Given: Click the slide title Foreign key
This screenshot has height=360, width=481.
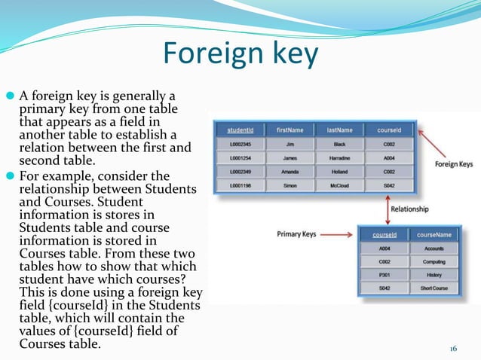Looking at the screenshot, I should [x=240, y=54].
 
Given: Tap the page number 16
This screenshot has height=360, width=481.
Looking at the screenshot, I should [x=454, y=348].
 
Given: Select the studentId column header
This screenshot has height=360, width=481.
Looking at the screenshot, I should [x=240, y=129].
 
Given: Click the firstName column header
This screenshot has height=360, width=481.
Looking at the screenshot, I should [x=289, y=129].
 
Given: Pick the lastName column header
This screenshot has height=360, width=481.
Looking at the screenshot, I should [x=339, y=129].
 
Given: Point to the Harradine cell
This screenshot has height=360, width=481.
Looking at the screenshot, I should [x=339, y=157].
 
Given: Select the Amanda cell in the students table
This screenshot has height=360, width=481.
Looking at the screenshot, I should [x=289, y=172].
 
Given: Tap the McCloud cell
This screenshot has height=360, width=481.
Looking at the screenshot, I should [x=339, y=185].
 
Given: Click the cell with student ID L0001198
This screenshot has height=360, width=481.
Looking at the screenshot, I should [x=240, y=185].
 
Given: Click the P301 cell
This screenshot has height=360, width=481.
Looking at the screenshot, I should [x=385, y=276].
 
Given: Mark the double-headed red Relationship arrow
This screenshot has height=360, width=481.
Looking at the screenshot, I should [x=387, y=209].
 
